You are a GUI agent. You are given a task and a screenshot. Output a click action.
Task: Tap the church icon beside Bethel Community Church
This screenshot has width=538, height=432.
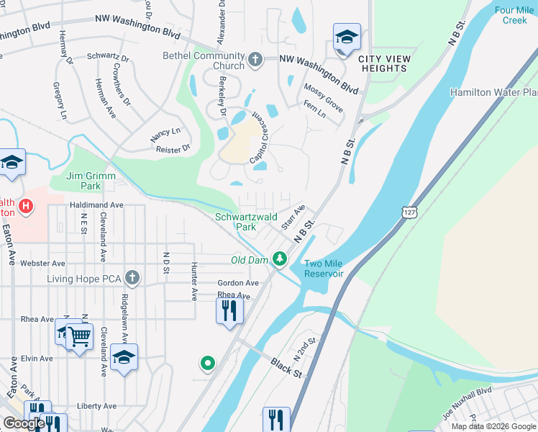(256, 60)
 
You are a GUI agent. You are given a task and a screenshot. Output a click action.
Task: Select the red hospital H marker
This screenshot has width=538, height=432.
(26, 207)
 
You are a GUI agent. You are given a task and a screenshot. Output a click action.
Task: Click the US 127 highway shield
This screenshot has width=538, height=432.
(408, 213)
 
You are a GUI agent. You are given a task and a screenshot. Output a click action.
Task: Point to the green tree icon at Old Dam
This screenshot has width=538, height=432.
(279, 259)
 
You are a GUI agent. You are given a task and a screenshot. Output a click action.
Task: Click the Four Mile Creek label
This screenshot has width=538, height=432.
(514, 15)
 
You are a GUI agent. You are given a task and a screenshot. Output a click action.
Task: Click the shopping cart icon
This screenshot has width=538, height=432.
(79, 336)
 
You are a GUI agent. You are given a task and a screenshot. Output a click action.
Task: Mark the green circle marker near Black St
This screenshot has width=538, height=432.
(208, 364)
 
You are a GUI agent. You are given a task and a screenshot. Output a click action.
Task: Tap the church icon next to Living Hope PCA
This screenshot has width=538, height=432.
(131, 278)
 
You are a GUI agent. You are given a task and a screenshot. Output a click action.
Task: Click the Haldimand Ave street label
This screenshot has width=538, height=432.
(96, 205)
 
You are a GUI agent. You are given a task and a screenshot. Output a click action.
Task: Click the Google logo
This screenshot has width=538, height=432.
(24, 423)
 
